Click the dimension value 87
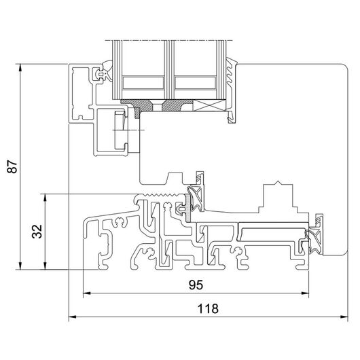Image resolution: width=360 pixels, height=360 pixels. pos(12,166)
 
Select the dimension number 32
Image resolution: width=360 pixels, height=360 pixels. pos(37,232)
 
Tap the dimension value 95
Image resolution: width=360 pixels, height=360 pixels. pos(196,285)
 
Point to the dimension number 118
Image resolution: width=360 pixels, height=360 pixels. pos(208,309)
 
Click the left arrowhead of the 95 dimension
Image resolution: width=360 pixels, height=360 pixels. pos(86,293)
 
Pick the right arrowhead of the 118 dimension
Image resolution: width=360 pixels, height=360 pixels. pos(344,317)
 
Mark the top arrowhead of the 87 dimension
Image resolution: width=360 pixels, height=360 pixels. pos(20,67)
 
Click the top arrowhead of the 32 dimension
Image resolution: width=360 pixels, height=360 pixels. pos(46,198)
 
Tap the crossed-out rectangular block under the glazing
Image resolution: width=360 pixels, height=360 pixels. pos(209,105)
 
